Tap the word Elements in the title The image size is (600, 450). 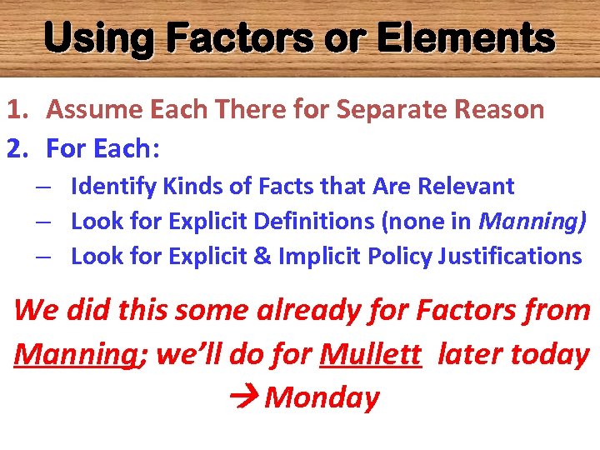(x=467, y=38)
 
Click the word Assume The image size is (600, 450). (x=90, y=109)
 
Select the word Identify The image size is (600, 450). (x=108, y=186)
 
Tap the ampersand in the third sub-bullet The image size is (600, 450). (x=262, y=256)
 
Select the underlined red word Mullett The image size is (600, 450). (x=370, y=353)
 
